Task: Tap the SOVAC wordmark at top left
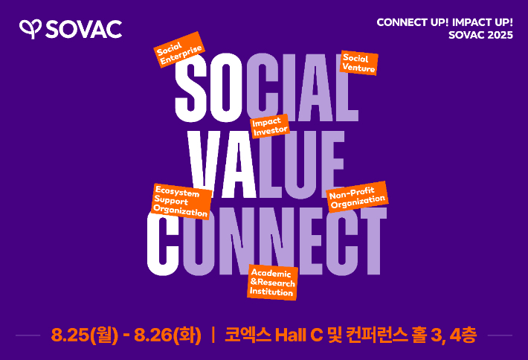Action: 83,29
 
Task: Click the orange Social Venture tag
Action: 358,63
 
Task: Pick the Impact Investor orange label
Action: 268,126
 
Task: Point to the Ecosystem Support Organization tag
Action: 181,202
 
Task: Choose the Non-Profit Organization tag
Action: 358,197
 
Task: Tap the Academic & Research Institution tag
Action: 272,283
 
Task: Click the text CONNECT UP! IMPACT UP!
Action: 444,22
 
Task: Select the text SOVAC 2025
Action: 480,35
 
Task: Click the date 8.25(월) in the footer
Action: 85,335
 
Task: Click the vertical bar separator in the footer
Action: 213,335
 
